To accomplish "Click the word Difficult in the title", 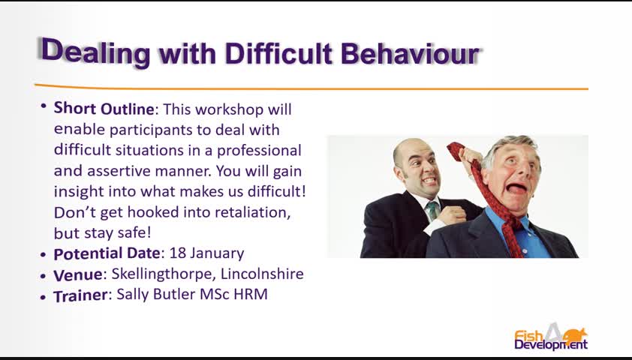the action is (x=278, y=53).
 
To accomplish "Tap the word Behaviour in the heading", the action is (x=411, y=53).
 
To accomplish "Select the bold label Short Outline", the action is (x=104, y=109).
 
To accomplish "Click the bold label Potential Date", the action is (x=107, y=253).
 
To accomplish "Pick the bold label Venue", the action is (x=78, y=274).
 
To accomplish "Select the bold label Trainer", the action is (x=80, y=295).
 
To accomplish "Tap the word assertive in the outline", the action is (x=119, y=171).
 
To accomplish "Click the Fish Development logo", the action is (x=551, y=337).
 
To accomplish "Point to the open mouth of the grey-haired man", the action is (x=516, y=187).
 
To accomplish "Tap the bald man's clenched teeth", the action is (x=429, y=181).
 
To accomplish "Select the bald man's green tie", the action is (x=432, y=210).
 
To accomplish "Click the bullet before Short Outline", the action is (x=43, y=106).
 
